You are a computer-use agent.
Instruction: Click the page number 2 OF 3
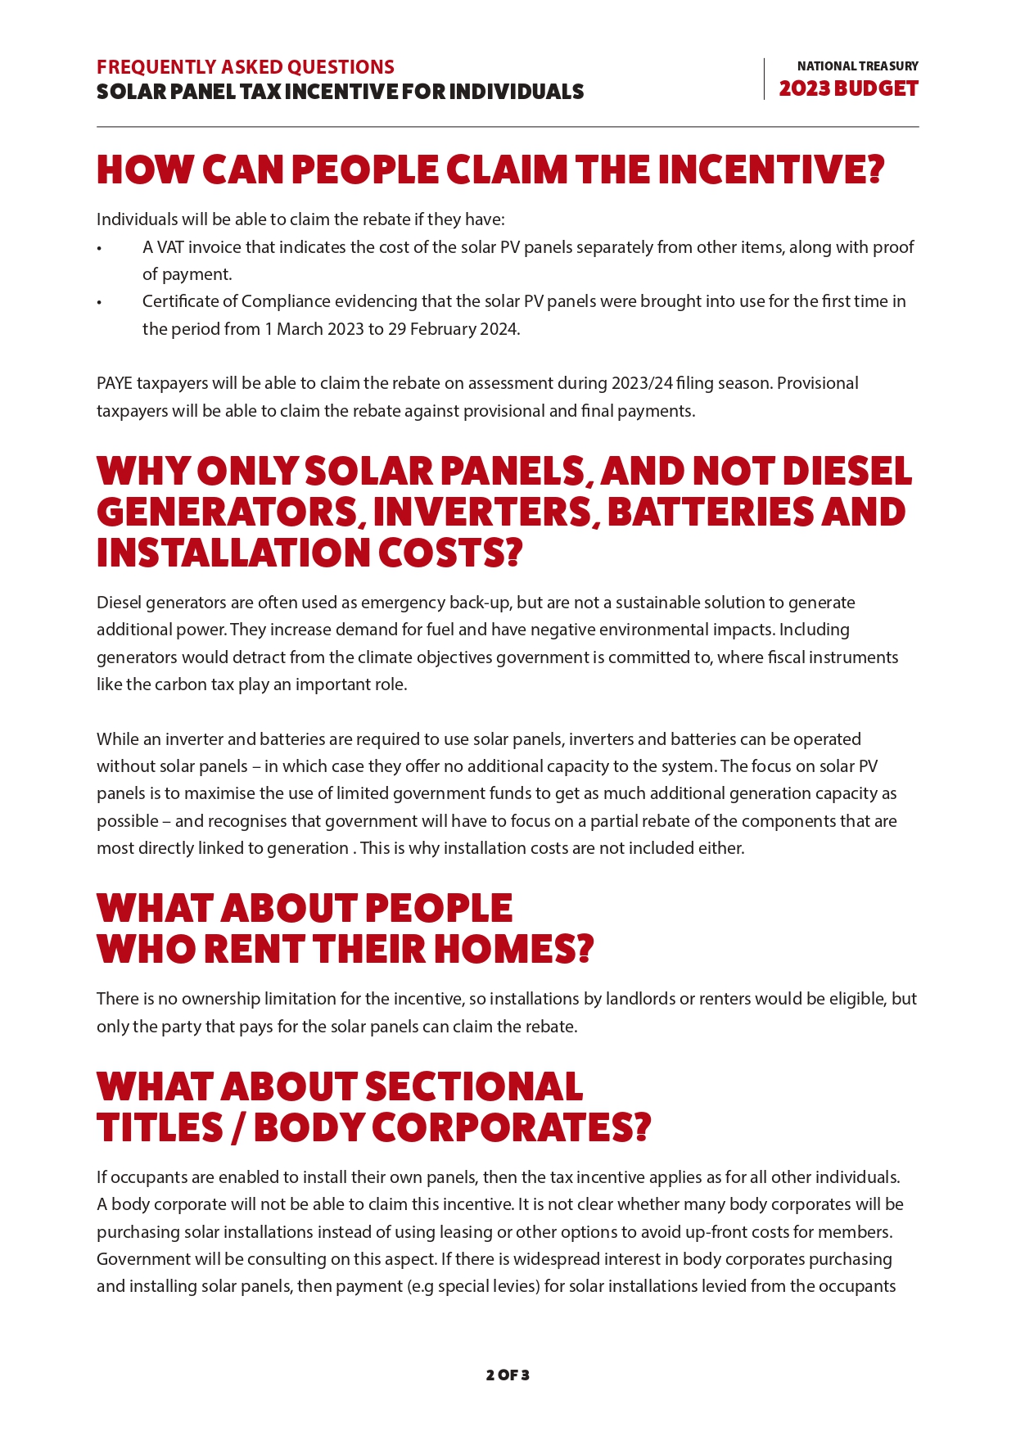[x=508, y=1375]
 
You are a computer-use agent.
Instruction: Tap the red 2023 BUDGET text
[x=848, y=88]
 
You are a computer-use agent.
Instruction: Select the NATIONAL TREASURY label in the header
[x=857, y=65]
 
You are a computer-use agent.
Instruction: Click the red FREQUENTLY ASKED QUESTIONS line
[x=246, y=67]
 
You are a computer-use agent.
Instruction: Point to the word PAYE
[x=115, y=383]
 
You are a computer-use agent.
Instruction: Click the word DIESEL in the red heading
[x=847, y=472]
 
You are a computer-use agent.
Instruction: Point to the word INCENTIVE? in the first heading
[x=771, y=170]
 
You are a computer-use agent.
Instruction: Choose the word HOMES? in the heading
[x=513, y=950]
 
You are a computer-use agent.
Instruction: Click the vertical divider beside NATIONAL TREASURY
[x=764, y=79]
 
